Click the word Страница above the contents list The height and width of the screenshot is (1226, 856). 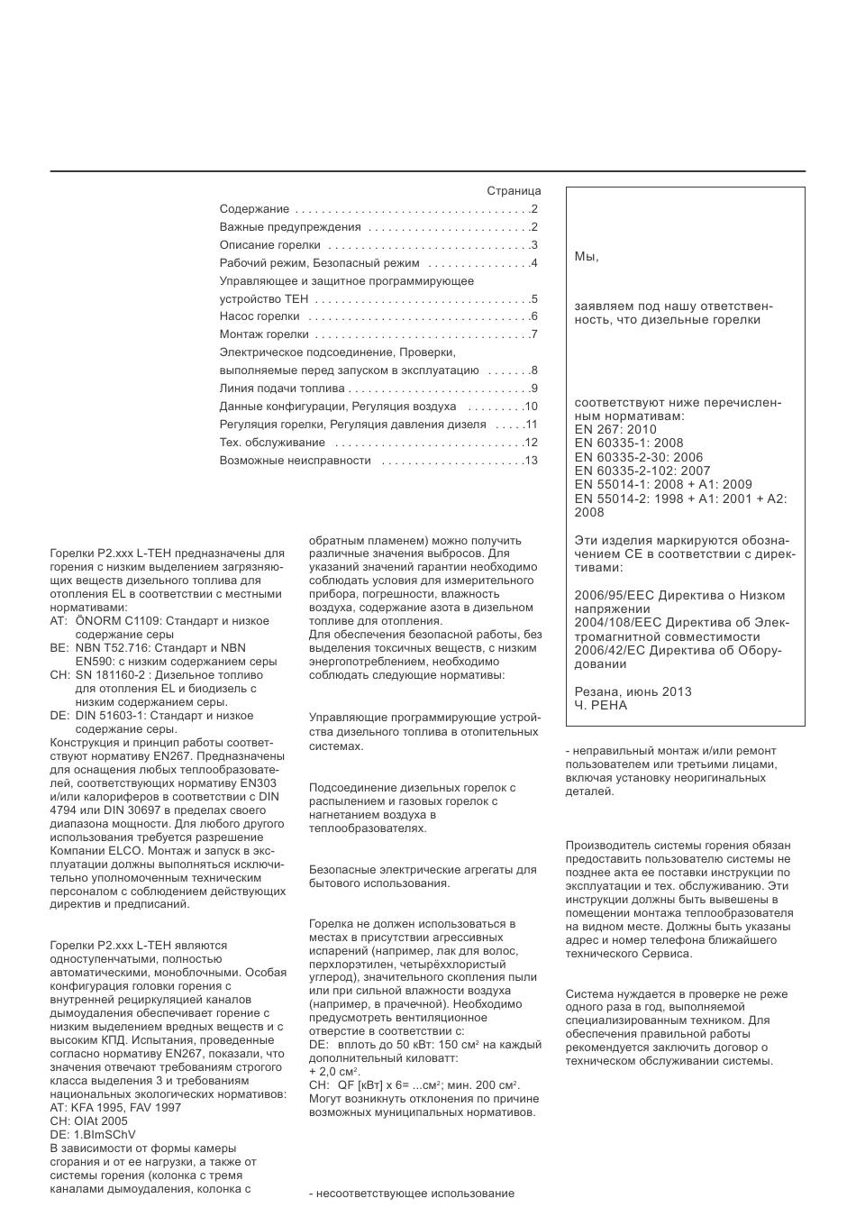point(514,191)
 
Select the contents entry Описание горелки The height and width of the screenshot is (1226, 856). point(270,245)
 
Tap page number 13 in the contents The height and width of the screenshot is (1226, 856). point(531,461)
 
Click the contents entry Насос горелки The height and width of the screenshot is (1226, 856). point(260,316)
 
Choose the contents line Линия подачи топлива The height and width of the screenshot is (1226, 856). point(282,389)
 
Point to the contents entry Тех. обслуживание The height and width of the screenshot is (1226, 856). point(272,443)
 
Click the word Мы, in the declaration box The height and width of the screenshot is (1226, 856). point(587,257)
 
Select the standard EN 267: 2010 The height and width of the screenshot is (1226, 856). point(615,430)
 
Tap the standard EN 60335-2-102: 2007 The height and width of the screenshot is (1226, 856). point(642,471)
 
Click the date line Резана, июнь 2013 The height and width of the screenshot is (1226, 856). point(633,691)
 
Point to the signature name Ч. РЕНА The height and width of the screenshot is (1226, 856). point(601,706)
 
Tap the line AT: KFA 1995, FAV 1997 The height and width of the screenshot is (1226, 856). point(115,1108)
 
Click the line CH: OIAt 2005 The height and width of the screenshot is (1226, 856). point(89,1121)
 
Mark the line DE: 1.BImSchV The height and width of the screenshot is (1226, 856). point(93,1135)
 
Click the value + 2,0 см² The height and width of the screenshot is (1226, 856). point(334,1071)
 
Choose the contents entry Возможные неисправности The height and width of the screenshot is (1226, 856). point(296,461)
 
